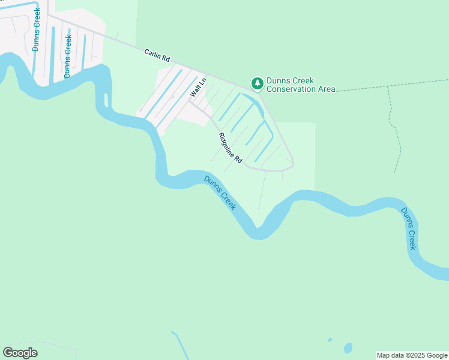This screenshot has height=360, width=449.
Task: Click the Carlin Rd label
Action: pos(158,56)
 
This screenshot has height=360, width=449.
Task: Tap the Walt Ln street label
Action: pos(198,88)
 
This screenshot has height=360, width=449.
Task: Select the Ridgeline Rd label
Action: pos(230,148)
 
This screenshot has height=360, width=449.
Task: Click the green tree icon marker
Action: pos(258,83)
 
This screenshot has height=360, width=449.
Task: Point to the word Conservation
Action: pos(292,89)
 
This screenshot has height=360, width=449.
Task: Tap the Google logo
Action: pos(20,353)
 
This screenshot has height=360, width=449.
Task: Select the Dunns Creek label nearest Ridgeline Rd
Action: pos(220,193)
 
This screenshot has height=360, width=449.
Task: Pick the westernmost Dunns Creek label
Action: pos(37,29)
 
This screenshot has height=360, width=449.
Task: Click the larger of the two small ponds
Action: pos(348,347)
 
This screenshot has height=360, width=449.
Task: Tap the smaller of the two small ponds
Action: pos(330,340)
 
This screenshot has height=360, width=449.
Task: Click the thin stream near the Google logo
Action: pos(179,345)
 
